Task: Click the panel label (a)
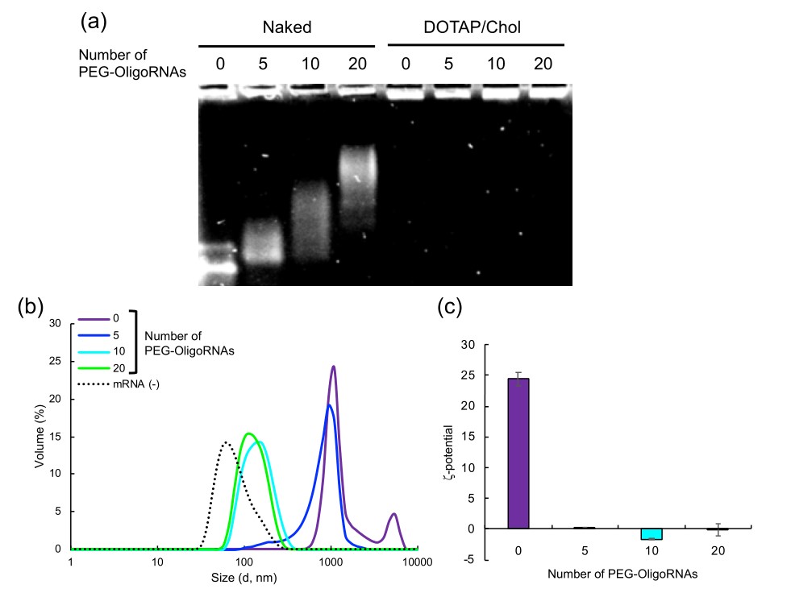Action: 93,22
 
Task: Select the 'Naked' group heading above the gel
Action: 286,28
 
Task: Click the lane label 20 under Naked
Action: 355,64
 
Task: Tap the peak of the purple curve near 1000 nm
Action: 333,367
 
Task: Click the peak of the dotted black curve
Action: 227,442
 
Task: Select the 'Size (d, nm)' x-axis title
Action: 244,577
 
